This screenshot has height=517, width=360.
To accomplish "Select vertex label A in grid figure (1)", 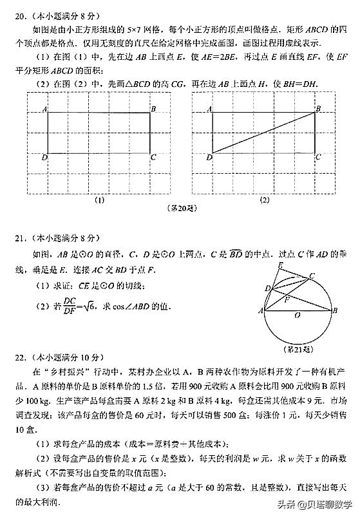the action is pyautogui.click(x=44, y=110).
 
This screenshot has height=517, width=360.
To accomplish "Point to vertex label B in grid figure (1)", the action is pyautogui.click(x=153, y=109).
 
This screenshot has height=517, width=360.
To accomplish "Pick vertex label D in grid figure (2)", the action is pyautogui.click(x=209, y=157).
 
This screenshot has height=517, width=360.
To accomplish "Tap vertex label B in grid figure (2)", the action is pyautogui.click(x=317, y=109).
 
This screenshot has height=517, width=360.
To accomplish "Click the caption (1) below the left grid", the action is pyautogui.click(x=100, y=200).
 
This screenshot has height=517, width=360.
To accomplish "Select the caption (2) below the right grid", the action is pyautogui.click(x=265, y=200).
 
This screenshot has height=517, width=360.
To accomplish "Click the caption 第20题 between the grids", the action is pyautogui.click(x=181, y=209).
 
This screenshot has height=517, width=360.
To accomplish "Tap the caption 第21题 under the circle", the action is pyautogui.click(x=298, y=349).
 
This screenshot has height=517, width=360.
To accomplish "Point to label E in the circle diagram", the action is pyautogui.click(x=279, y=265).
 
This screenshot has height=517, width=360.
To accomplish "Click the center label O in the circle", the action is pyautogui.click(x=297, y=316).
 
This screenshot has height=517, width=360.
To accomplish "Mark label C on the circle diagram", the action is pyautogui.click(x=312, y=276).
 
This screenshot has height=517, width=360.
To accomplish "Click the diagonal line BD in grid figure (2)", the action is pyautogui.click(x=264, y=133).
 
